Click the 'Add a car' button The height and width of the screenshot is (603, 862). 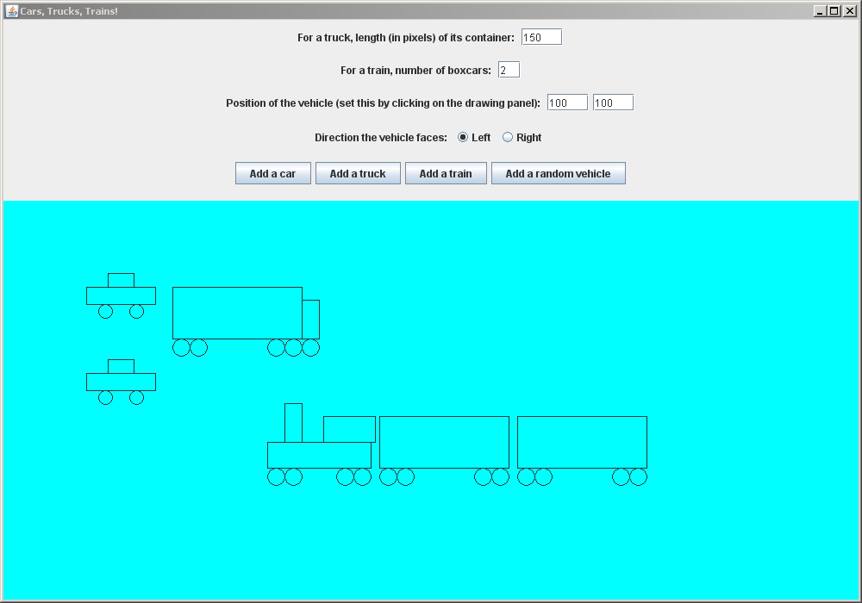[272, 173]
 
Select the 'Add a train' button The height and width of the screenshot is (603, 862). [446, 173]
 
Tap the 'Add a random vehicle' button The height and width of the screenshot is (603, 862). [558, 173]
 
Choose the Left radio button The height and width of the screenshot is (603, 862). [463, 137]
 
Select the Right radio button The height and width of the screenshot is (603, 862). [508, 137]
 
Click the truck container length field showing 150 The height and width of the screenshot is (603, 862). [541, 37]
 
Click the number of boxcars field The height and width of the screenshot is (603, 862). [509, 71]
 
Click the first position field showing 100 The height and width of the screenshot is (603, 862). [567, 103]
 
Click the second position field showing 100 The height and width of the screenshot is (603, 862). [613, 103]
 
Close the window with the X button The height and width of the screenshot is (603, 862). [850, 11]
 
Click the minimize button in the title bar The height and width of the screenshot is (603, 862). [820, 11]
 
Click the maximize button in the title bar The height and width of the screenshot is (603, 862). [834, 11]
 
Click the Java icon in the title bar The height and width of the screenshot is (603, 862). [12, 11]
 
